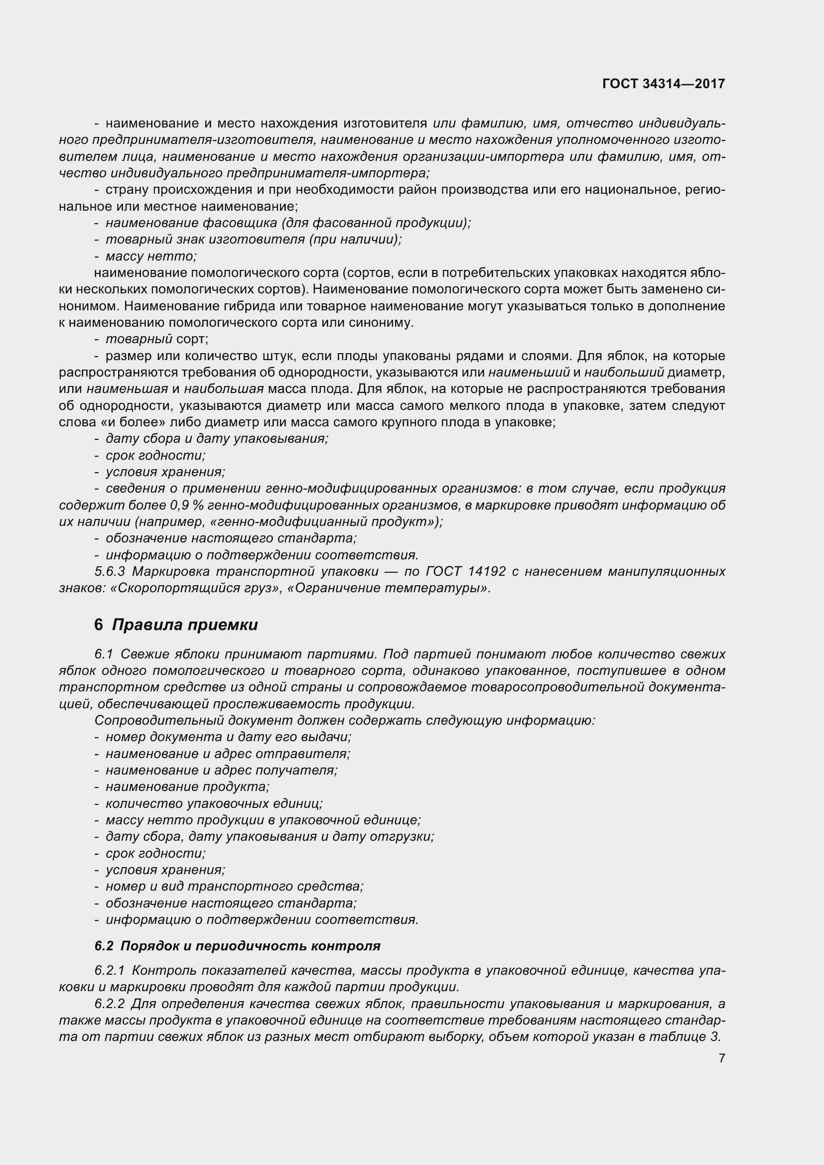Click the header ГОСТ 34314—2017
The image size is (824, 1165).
point(663,84)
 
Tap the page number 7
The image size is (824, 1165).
point(721,1058)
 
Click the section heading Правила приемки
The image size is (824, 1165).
point(185,625)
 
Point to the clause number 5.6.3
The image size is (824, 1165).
point(110,571)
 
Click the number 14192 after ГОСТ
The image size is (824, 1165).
point(487,571)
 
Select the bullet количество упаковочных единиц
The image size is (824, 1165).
point(214,803)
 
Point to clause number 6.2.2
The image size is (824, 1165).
point(110,1004)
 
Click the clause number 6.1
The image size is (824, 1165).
point(104,654)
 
